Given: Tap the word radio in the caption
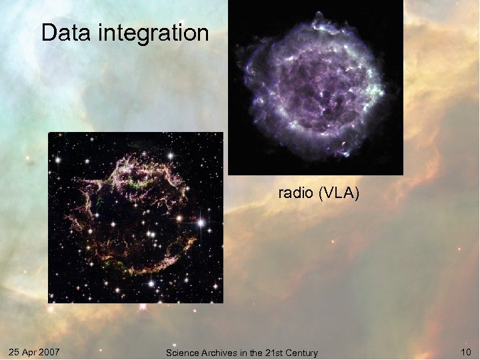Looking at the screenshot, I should [297, 194].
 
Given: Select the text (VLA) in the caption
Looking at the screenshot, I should [339, 194].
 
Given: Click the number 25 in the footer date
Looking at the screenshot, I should [15, 351].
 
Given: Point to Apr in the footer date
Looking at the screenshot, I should [31, 351].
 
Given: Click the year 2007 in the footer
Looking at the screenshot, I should [51, 351].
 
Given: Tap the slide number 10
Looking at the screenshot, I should [465, 351].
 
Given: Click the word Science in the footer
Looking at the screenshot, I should [181, 353].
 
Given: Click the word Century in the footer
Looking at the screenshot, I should [301, 353].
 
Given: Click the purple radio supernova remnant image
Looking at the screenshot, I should [316, 87].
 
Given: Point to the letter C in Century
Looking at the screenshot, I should [287, 353].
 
